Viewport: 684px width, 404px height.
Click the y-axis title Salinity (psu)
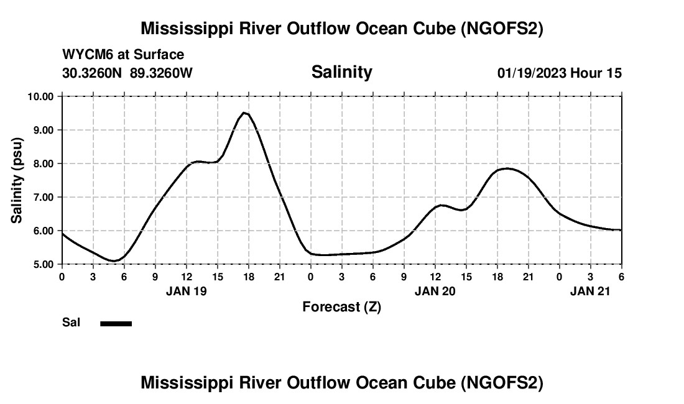tap(17, 180)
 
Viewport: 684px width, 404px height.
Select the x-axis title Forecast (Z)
tap(341, 306)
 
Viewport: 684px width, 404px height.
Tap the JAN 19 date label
tap(186, 290)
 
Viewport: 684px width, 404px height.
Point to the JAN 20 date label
tap(435, 290)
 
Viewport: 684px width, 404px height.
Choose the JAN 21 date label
tap(590, 290)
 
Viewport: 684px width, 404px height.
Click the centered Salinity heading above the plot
tap(341, 72)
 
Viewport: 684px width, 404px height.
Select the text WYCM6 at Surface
tap(123, 55)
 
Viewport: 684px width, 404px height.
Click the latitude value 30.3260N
tap(93, 73)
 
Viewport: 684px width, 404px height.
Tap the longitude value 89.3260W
tap(161, 73)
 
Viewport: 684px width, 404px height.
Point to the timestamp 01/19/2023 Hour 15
tap(559, 73)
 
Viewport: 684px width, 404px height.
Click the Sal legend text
tap(72, 323)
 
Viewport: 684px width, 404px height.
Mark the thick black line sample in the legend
tap(116, 323)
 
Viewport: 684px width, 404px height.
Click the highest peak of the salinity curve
tap(245, 112)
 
